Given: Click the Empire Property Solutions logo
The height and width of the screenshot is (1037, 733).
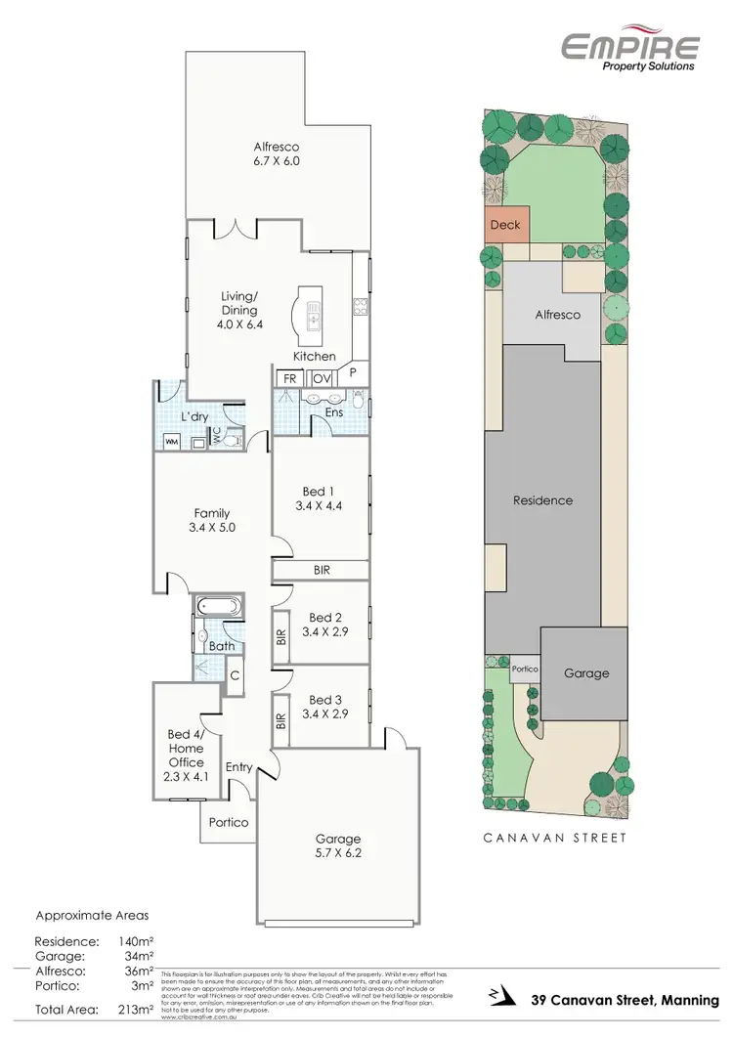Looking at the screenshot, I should tap(629, 49).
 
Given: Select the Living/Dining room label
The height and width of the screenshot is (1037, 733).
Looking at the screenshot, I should tap(238, 302).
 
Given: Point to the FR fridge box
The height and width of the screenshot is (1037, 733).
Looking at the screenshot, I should tap(289, 378).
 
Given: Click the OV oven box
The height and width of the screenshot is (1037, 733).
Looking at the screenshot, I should tap(320, 378).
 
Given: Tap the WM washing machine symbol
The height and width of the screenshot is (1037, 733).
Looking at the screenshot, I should tap(172, 442).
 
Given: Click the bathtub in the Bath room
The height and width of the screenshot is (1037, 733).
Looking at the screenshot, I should tap(218, 607).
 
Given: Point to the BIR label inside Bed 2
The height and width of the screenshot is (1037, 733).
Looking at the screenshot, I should tap(281, 635).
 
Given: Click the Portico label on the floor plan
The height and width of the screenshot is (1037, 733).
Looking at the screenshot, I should tap(229, 822).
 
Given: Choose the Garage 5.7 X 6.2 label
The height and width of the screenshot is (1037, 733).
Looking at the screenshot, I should tap(337, 844).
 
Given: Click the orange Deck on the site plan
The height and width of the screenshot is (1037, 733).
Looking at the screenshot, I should tap(506, 225).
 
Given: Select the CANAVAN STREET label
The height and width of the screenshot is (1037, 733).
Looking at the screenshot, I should tap(555, 838).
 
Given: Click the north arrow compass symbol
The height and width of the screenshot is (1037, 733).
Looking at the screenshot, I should tap(500, 998).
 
